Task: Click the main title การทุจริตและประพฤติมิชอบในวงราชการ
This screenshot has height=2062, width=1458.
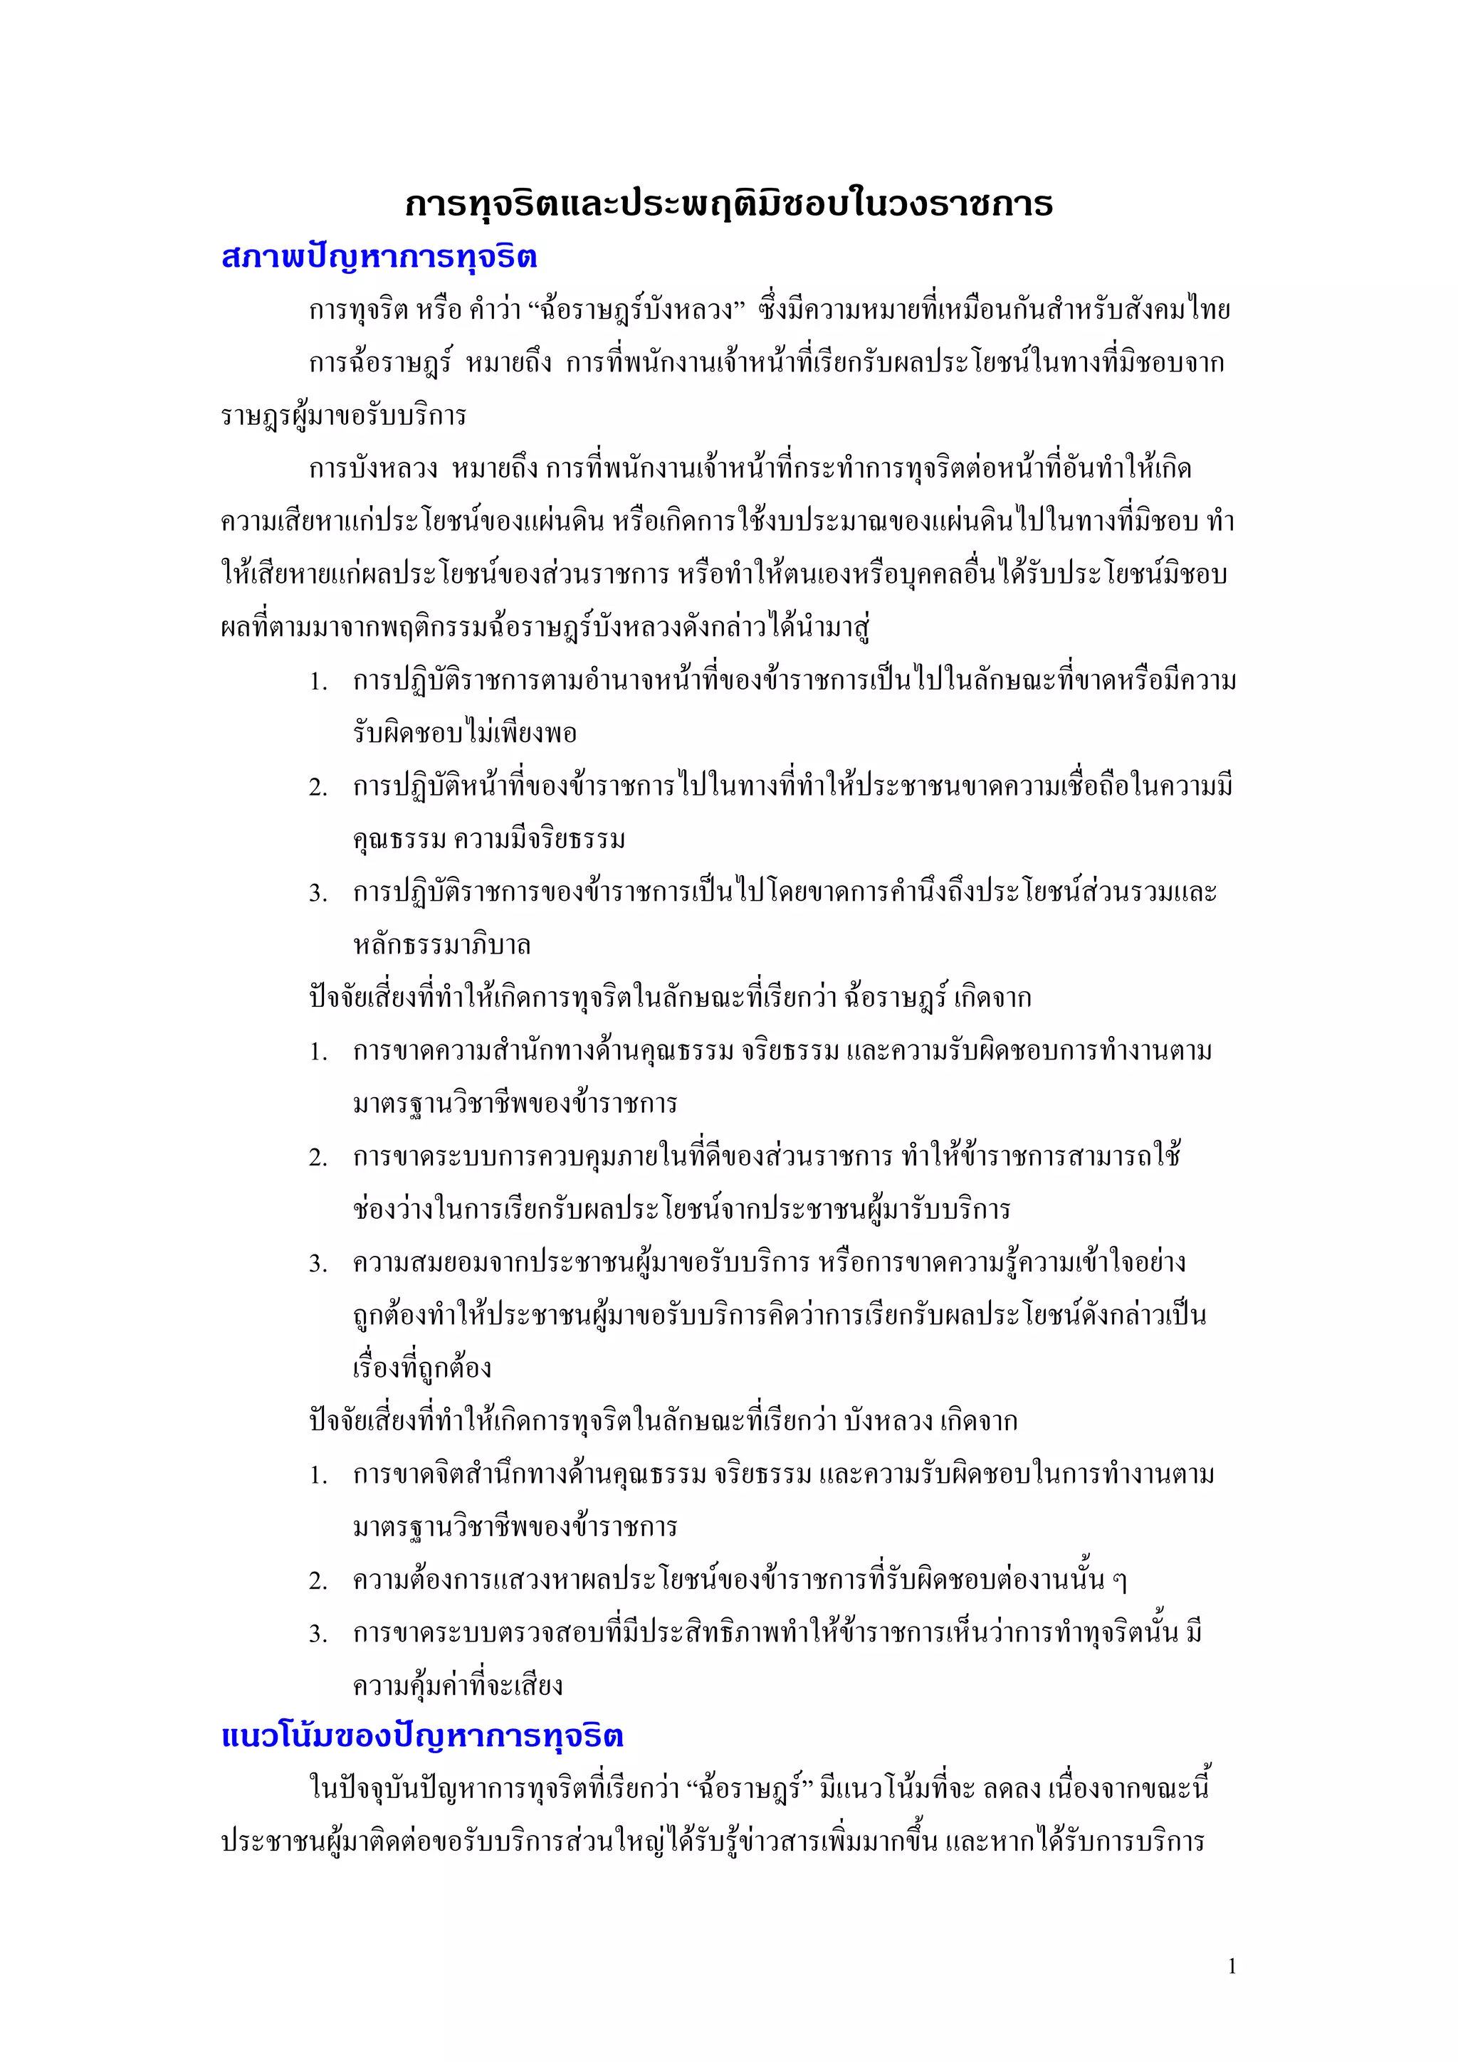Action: point(728,204)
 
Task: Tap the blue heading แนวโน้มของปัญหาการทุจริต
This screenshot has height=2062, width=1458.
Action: point(421,1735)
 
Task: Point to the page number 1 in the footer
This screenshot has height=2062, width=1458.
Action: point(1232,1967)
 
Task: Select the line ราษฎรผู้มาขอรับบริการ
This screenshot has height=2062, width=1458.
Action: point(343,416)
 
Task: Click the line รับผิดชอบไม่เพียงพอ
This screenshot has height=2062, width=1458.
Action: point(464,734)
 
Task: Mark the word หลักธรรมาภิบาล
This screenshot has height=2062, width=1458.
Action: point(442,946)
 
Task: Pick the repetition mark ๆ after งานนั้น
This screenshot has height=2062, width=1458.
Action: point(1119,1580)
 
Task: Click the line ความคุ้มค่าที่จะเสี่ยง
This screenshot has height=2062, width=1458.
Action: point(458,1686)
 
